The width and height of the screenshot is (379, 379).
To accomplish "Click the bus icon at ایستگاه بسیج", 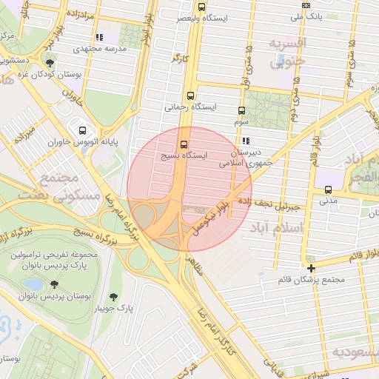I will (x=184, y=144).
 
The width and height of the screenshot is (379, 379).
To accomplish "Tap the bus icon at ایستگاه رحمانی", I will (x=192, y=95).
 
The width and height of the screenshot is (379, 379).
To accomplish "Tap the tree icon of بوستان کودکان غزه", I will (x=50, y=63).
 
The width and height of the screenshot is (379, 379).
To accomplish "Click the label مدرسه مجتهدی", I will (x=98, y=48).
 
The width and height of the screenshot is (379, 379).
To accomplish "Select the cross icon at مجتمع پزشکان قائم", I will (x=311, y=268).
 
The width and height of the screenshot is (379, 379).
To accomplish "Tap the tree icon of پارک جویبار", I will (x=113, y=296).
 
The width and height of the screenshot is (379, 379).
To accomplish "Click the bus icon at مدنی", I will (x=328, y=189).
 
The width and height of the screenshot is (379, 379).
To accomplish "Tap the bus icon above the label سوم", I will (x=241, y=110).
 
